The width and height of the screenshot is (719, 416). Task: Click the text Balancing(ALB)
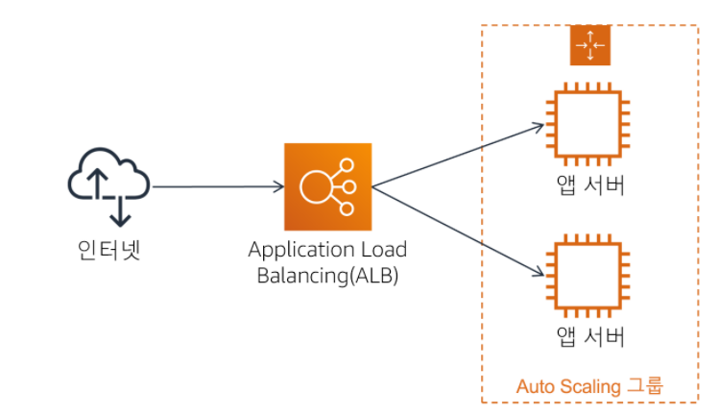pos(327,276)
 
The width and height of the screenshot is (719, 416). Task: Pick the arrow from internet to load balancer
pos(216,187)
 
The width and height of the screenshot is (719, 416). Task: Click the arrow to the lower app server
pos(456,229)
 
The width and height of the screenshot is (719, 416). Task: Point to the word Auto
pos(535,387)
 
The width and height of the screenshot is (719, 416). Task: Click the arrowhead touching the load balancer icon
pos(278,187)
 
